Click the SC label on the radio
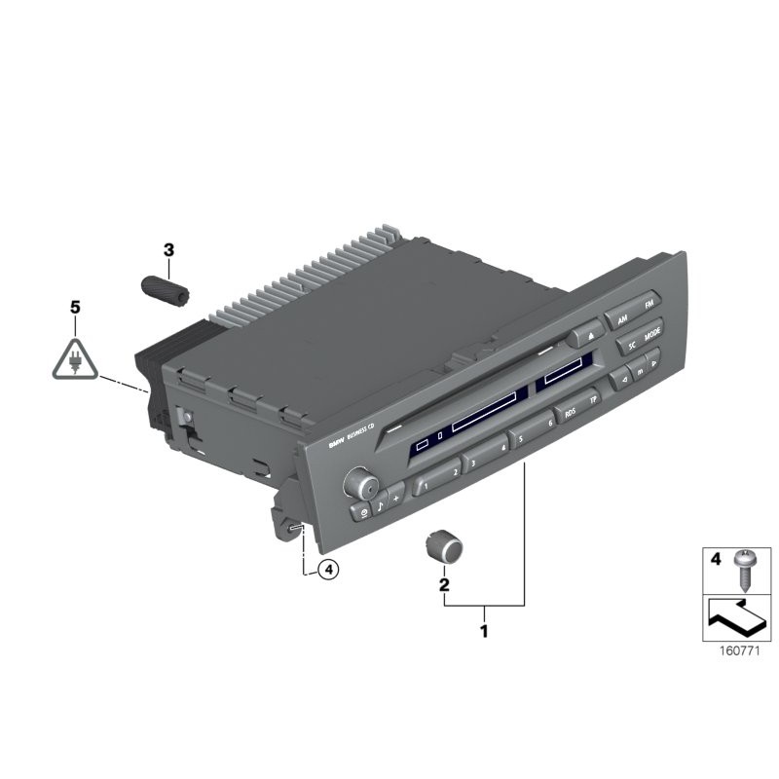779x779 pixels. (x=630, y=345)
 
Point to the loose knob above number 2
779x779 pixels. (x=444, y=547)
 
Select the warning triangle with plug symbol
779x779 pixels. (x=75, y=356)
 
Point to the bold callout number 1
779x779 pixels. (x=484, y=631)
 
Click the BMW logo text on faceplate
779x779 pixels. (x=335, y=443)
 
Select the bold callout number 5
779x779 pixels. (x=75, y=307)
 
